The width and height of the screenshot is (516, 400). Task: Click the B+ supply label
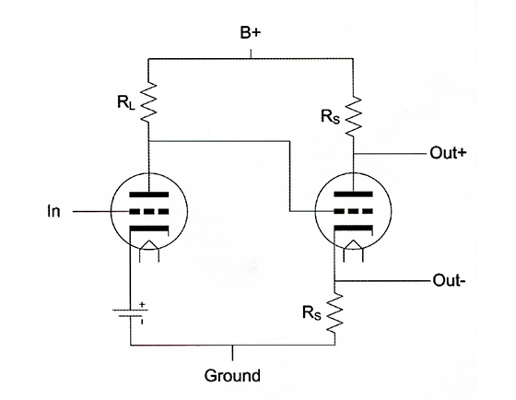[x=251, y=33]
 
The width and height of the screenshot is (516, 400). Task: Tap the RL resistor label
[x=126, y=102]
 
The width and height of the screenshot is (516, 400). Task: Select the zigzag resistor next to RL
[x=148, y=102]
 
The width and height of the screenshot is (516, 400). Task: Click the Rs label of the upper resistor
[x=330, y=116]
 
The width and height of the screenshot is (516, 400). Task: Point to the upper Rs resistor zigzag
[x=353, y=115]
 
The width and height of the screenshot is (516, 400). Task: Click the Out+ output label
[x=448, y=153]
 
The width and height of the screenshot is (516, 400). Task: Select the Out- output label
[x=449, y=280]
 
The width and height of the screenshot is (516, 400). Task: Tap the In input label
[x=54, y=211]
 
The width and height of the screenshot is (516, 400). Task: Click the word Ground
[x=232, y=375]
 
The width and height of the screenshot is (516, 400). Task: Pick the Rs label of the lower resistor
[x=311, y=313]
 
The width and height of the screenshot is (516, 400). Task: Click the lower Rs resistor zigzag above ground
[x=334, y=313]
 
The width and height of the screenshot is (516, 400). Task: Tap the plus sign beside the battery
[x=142, y=304]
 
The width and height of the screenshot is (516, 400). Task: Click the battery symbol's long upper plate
[x=130, y=310]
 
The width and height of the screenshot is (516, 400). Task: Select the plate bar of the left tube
[x=148, y=194]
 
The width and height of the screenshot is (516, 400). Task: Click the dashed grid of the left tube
[x=148, y=211]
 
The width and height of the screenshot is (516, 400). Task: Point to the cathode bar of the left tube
[x=148, y=229]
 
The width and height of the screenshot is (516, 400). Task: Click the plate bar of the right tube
[x=354, y=194]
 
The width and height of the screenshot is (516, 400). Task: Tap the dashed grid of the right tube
[x=354, y=211]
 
